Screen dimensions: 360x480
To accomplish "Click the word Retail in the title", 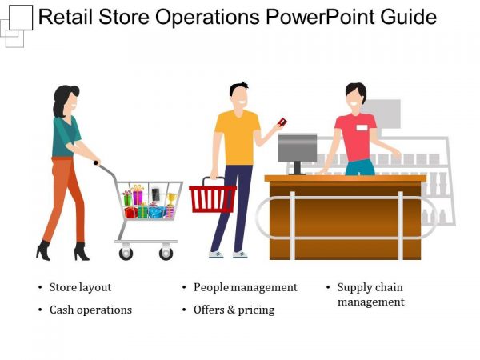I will (62, 18).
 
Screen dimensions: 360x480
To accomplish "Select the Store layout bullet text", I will (80, 287).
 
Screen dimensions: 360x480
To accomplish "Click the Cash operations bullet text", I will (90, 310).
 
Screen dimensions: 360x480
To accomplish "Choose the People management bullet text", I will (245, 287).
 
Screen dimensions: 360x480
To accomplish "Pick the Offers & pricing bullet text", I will (234, 310).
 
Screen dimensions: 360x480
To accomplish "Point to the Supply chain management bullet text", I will (370, 294).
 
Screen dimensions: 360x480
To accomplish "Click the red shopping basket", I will (212, 198).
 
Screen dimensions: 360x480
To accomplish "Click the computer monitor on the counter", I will (297, 148).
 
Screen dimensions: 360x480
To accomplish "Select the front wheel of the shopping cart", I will (166, 253).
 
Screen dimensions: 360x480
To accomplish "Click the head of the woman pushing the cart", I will (68, 99).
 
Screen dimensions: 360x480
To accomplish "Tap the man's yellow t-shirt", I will (238, 137).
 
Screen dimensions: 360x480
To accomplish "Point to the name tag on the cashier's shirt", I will (362, 127).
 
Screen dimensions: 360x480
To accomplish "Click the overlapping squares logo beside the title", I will (16, 24).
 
